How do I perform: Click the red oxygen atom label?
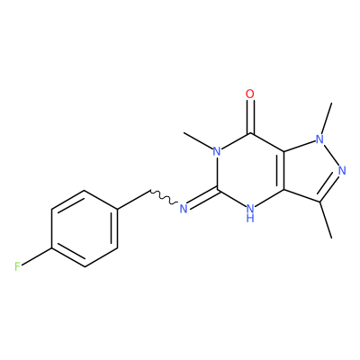coord(249,94)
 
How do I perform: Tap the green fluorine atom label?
coord(18,266)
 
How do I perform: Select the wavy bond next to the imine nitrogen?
coord(164,197)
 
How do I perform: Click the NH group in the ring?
coord(250,212)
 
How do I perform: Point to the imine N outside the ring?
coord(184,208)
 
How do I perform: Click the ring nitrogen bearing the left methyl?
coord(217,151)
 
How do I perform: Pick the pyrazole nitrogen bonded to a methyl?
coord(320,139)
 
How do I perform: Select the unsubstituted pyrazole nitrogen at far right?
coord(341,171)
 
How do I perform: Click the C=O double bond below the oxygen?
coord(250,116)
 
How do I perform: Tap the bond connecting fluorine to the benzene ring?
coord(38,256)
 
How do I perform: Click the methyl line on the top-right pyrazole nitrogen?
coord(327,118)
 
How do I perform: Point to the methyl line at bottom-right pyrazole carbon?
coord(326,220)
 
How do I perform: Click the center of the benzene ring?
coord(85,228)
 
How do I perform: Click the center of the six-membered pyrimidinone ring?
coord(250,171)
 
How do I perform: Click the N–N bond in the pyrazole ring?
coord(331,155)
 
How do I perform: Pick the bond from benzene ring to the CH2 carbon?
coord(133,199)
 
